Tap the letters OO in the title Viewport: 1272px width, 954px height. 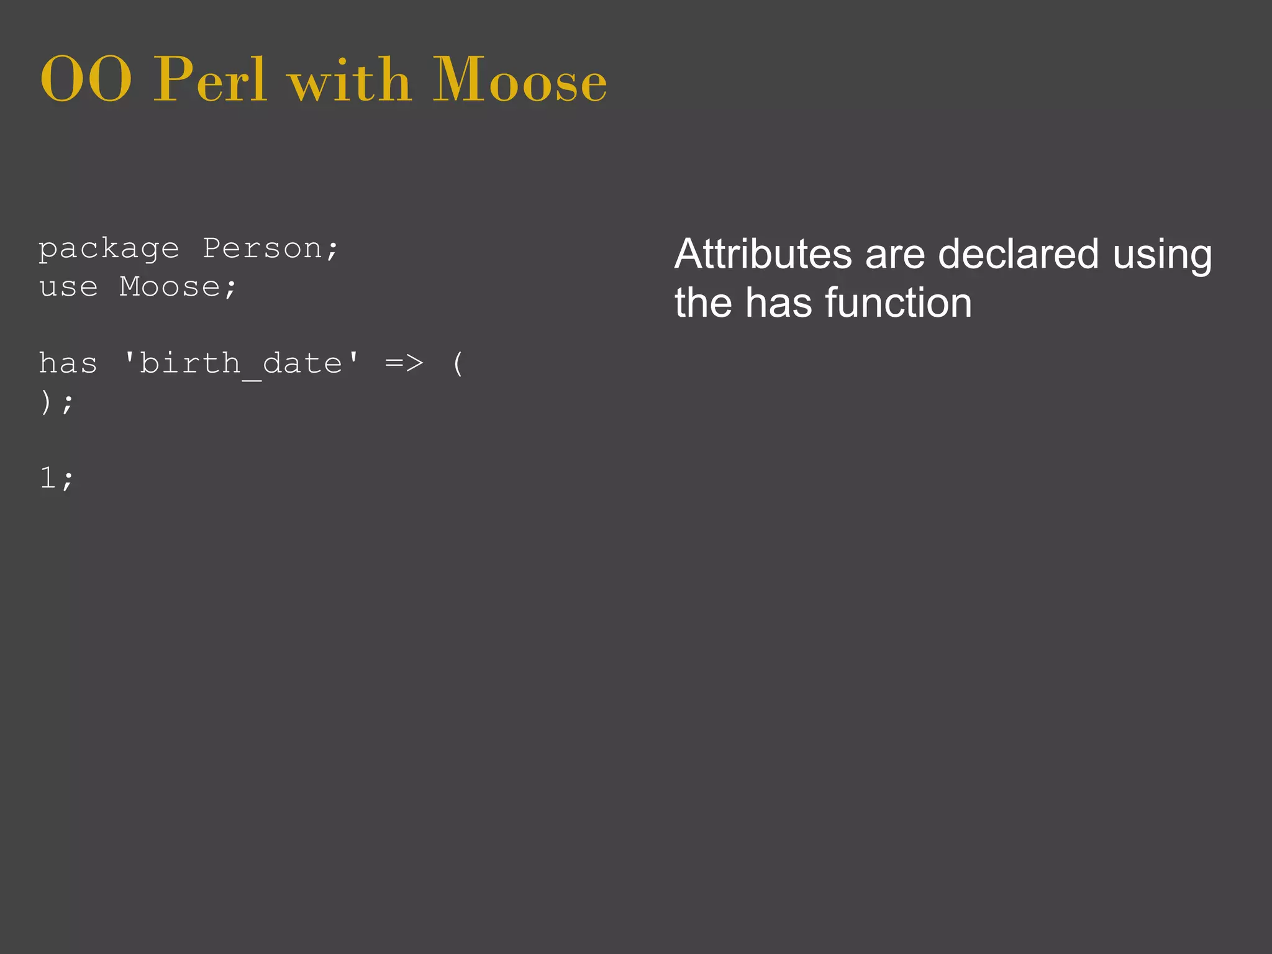pos(86,81)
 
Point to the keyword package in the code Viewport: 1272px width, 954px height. pos(109,250)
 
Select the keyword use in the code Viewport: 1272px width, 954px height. pos(68,287)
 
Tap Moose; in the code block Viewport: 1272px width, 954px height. pos(178,287)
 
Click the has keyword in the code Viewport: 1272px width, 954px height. pos(68,363)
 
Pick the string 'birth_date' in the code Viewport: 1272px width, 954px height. pos(241,363)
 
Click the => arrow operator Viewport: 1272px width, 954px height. pos(404,363)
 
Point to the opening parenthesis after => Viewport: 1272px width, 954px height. pos(458,363)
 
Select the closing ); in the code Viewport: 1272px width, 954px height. pos(57,402)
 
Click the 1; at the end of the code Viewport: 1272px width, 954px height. pos(57,478)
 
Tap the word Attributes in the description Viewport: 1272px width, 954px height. pos(763,254)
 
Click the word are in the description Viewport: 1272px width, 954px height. pos(894,254)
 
